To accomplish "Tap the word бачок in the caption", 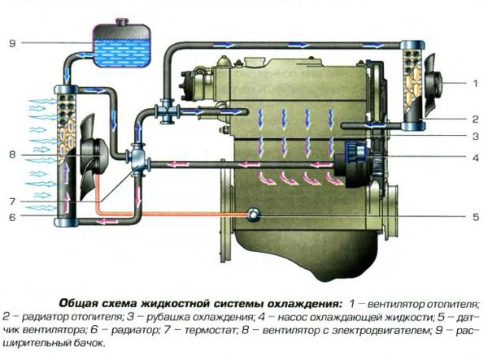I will (x=81, y=345).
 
